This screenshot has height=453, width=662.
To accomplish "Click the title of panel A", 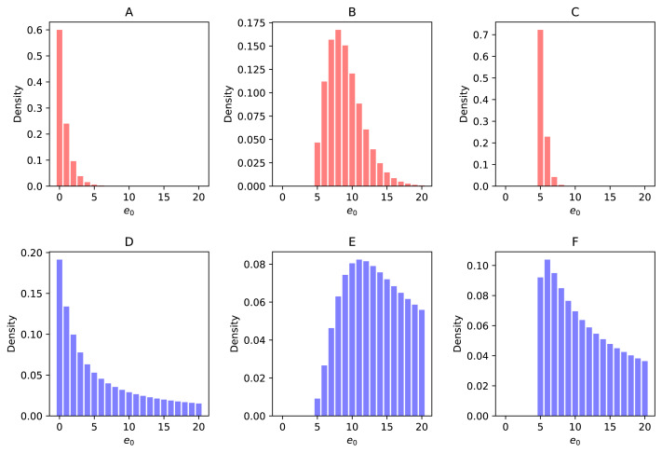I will tap(129, 13).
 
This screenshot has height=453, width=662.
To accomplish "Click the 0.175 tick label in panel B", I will tap(252, 19).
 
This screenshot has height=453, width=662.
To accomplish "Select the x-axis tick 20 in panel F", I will tap(643, 429).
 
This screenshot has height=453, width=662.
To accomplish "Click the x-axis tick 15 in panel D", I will tap(164, 429).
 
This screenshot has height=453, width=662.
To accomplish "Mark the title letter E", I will tap(352, 242).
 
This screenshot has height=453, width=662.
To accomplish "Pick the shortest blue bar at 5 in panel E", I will tap(317, 407).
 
